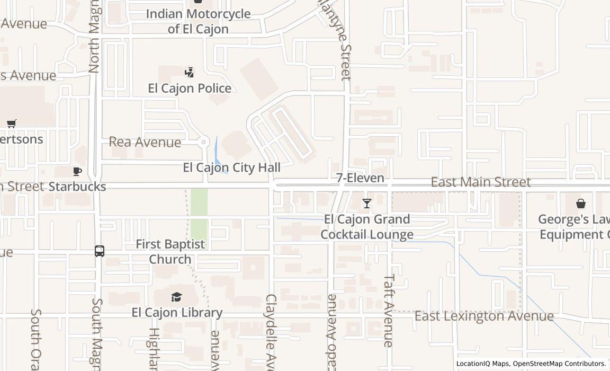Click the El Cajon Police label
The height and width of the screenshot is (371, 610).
[x=190, y=88]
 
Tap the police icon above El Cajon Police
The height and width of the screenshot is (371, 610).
[x=189, y=72]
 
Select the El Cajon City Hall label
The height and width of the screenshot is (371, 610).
[x=231, y=167]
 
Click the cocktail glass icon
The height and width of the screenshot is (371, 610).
[x=366, y=204]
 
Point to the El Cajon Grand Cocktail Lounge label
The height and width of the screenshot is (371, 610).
[x=366, y=227]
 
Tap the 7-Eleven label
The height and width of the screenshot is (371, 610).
[x=360, y=178]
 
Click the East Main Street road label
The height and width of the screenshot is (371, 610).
[x=480, y=182]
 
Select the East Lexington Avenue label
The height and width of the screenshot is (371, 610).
[x=484, y=316]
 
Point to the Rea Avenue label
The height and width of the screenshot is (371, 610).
[x=145, y=142]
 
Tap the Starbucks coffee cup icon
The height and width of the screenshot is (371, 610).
[x=77, y=171]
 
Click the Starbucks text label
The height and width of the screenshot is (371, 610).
[x=77, y=187]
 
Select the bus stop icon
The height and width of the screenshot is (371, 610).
[x=100, y=251]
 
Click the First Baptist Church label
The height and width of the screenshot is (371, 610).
[x=170, y=252]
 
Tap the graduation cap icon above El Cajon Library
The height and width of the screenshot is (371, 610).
[x=176, y=297]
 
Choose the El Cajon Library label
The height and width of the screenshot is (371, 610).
[x=177, y=312]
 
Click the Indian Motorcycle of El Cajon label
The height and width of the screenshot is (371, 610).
[x=198, y=21]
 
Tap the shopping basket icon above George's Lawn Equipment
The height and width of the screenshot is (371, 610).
[x=581, y=204]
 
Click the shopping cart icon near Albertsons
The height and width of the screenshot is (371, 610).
[x=12, y=123]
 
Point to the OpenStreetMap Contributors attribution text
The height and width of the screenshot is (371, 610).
[x=560, y=364]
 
